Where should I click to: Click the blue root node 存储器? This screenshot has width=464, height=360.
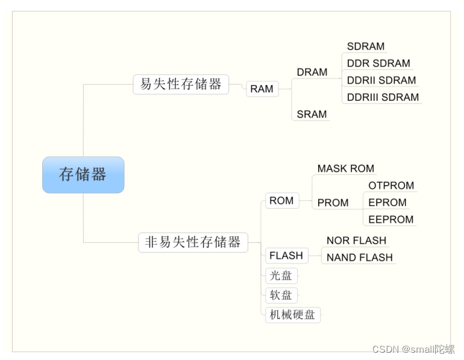click(x=83, y=175)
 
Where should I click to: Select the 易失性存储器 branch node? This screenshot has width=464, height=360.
click(x=181, y=84)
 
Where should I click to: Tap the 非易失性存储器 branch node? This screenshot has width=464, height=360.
click(x=193, y=242)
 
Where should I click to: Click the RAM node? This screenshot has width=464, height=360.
click(x=262, y=89)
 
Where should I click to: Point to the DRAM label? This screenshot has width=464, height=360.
click(x=312, y=72)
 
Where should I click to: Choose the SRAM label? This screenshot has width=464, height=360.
click(x=312, y=114)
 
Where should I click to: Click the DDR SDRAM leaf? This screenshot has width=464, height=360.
click(x=378, y=63)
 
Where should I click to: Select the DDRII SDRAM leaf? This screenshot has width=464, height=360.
click(x=381, y=80)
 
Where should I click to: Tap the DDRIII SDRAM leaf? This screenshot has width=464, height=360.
click(x=383, y=97)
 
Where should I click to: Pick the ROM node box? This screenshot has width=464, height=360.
click(x=281, y=201)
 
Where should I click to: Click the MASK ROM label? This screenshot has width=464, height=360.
click(x=346, y=169)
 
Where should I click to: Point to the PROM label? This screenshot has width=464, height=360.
click(x=333, y=203)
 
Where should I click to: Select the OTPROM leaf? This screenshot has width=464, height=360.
click(x=391, y=186)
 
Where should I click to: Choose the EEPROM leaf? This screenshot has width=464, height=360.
click(x=391, y=219)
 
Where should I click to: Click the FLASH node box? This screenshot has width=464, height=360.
click(x=286, y=255)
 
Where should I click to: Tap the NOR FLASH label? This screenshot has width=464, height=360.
click(x=356, y=241)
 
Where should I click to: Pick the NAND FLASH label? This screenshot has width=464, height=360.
click(x=359, y=257)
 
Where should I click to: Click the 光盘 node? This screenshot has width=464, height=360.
click(x=281, y=276)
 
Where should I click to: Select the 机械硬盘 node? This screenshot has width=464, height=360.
click(x=293, y=314)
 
